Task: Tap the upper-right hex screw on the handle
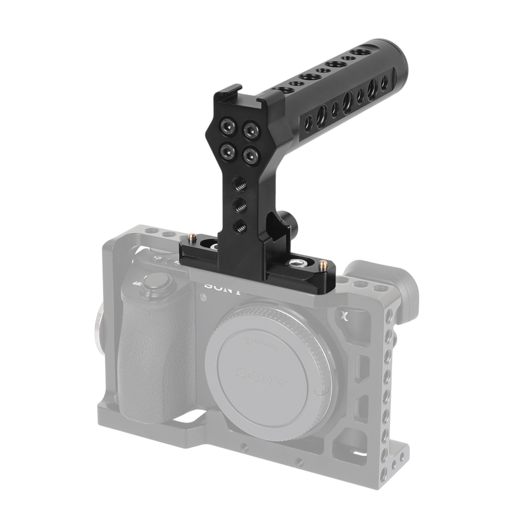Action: point(250,131)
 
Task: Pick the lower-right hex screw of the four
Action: point(250,156)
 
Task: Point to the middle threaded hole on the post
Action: point(239,204)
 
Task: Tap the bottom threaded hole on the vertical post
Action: point(239,224)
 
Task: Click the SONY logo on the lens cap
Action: point(262,377)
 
